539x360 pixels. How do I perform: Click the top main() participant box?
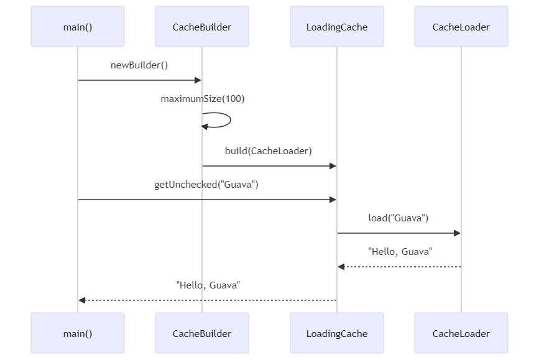click(x=78, y=27)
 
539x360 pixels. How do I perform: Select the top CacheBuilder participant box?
click(x=202, y=27)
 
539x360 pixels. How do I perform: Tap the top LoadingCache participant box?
click(x=337, y=27)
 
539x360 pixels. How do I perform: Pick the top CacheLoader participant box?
click(x=461, y=27)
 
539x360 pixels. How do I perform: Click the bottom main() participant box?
click(x=78, y=333)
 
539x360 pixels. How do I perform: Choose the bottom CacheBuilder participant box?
click(x=202, y=333)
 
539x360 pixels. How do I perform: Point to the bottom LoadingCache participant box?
click(x=337, y=333)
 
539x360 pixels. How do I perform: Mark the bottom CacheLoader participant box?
click(x=461, y=333)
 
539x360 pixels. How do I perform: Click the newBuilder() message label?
click(x=139, y=65)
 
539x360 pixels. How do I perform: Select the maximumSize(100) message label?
click(x=203, y=99)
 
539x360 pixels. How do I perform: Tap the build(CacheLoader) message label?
click(x=269, y=151)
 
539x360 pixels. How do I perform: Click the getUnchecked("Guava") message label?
click(x=206, y=185)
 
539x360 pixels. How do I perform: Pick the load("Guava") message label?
click(x=398, y=218)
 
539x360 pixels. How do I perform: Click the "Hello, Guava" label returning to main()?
click(x=208, y=285)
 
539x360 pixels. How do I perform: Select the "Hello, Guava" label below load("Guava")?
click(x=400, y=252)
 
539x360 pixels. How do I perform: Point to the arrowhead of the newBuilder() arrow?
click(x=198, y=80)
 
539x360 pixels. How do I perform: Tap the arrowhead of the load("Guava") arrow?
click(x=457, y=233)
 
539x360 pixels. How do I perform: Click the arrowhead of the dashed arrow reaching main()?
click(x=82, y=300)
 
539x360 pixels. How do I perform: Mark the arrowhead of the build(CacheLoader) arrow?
click(x=333, y=166)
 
